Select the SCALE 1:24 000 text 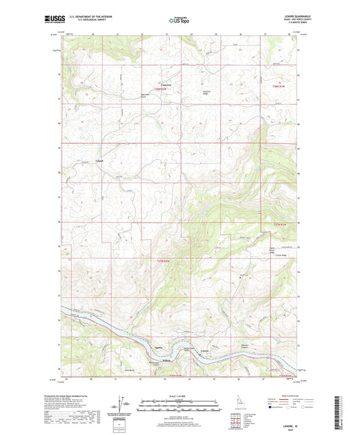pyautogui.click(x=179, y=395)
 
